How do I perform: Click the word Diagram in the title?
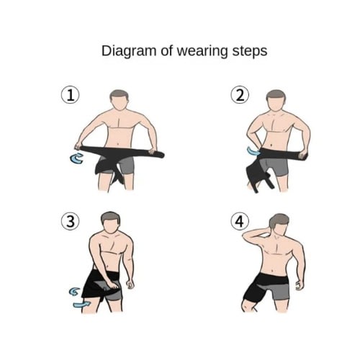[129, 51]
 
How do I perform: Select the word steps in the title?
[250, 51]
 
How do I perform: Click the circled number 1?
[71, 95]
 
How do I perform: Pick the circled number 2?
[240, 95]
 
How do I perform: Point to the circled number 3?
[71, 221]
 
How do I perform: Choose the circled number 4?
[240, 221]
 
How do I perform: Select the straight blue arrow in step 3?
[82, 305]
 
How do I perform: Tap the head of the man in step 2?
[276, 101]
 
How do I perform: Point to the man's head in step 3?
[110, 222]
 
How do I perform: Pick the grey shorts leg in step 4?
[278, 291]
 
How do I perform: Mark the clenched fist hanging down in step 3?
[130, 285]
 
